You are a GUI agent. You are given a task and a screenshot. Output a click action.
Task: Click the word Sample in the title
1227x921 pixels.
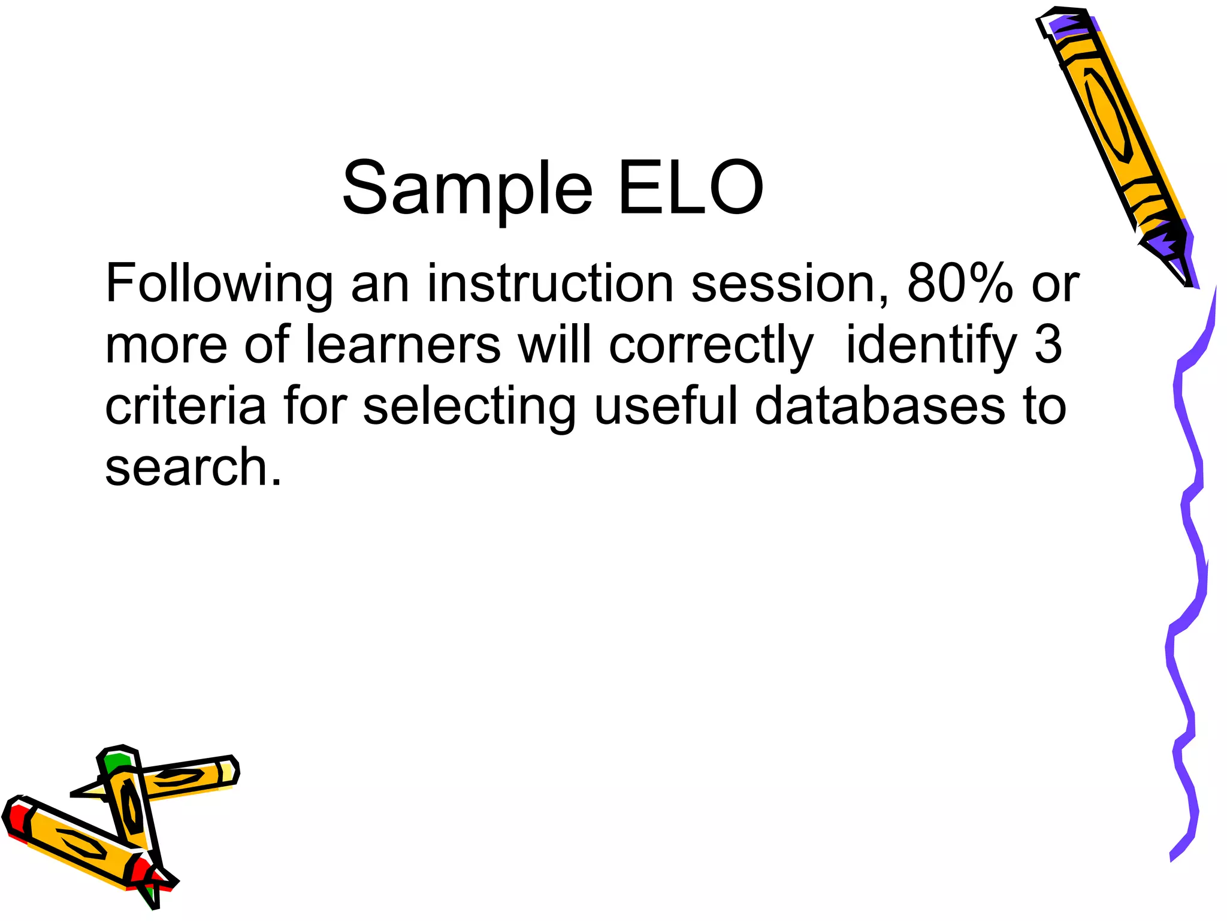(x=467, y=189)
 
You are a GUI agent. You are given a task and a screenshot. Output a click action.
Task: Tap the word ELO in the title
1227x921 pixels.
(x=690, y=189)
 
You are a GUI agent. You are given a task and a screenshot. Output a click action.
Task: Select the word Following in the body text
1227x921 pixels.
(x=219, y=284)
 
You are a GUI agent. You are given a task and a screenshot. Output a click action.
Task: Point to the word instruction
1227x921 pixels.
(x=550, y=284)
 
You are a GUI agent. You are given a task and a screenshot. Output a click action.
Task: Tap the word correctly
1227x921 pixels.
(x=711, y=346)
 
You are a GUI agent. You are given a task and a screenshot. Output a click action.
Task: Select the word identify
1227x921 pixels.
(x=931, y=346)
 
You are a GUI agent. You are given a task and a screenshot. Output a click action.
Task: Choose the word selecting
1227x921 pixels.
(x=469, y=407)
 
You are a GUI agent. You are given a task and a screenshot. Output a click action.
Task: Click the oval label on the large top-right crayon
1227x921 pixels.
(x=1107, y=114)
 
